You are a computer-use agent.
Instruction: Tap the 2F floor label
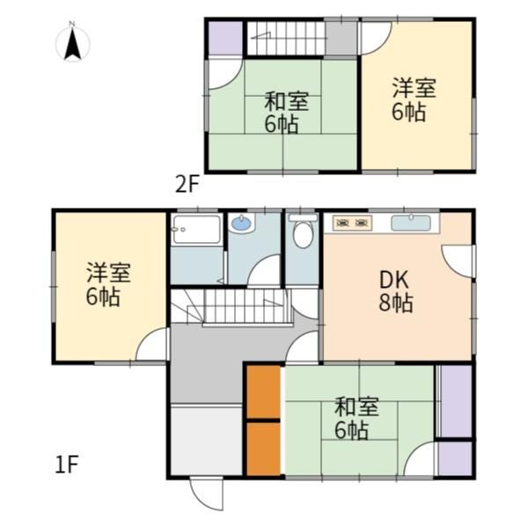coord(187,185)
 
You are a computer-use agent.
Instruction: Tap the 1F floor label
coord(67,465)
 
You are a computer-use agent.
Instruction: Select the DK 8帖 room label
coord(395,291)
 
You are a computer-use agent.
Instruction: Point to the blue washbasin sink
coord(242,224)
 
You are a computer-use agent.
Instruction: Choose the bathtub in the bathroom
coord(196,229)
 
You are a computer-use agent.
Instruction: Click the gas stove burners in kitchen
coord(352,224)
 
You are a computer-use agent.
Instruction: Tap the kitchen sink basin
coord(411,223)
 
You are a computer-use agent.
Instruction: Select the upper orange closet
coord(263,392)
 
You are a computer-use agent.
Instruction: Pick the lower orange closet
coord(263,449)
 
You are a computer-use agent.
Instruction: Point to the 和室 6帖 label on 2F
coord(285,113)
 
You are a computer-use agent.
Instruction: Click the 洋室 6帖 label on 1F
coord(107,284)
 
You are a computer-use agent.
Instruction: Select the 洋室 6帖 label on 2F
coord(413,99)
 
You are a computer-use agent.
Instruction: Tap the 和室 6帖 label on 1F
coord(356,418)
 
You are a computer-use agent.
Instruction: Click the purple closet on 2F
coord(225,38)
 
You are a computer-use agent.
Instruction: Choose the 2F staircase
coord(285,38)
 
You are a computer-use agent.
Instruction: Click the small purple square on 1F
coord(455,458)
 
